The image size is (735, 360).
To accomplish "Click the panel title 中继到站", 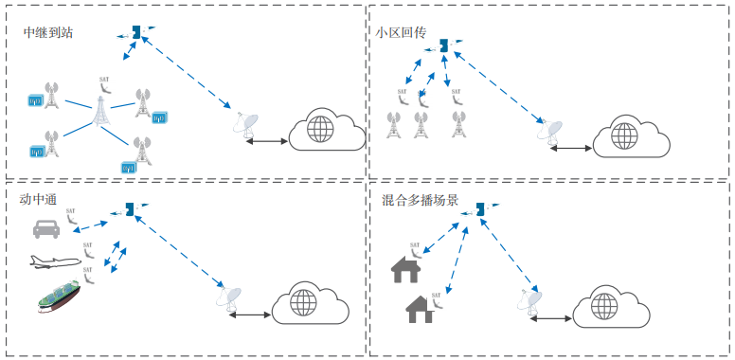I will [x=48, y=33].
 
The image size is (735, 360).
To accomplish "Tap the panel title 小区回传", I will [x=401, y=33].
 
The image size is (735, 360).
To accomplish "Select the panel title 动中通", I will [x=39, y=199].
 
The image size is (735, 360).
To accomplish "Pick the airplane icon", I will [x=51, y=261].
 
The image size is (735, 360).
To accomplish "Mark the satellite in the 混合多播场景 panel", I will [x=482, y=207].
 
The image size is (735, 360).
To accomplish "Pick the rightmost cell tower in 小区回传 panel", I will [x=458, y=123].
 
